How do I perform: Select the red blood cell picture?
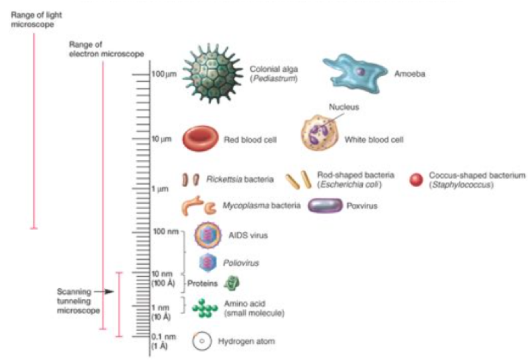(201, 139)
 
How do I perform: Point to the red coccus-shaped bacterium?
(415, 179)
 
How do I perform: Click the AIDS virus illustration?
(208, 235)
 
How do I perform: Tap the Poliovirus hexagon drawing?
(208, 262)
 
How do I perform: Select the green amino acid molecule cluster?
(205, 309)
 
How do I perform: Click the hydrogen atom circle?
(202, 341)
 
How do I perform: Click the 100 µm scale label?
(163, 74)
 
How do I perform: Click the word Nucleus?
(344, 107)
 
